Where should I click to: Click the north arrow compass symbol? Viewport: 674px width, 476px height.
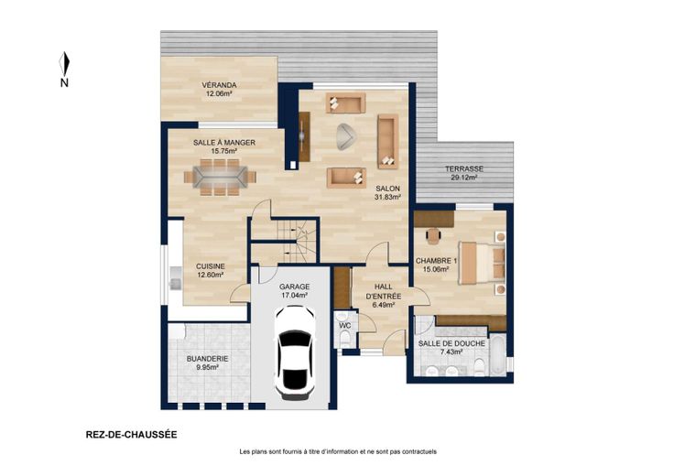64,64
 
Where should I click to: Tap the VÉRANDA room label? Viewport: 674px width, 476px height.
219,85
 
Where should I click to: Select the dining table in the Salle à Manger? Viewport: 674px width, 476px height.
220,177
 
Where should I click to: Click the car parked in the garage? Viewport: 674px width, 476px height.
295,352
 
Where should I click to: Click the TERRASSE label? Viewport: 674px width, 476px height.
464,168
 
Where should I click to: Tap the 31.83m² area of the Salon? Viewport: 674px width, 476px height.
387,197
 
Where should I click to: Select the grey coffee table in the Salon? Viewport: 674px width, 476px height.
345,136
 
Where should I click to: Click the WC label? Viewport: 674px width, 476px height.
345,326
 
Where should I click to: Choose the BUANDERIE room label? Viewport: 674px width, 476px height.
207,359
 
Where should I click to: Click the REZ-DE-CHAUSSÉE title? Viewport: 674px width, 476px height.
132,435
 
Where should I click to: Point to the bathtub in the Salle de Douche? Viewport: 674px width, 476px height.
498,355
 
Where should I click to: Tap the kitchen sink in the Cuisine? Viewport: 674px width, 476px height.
175,278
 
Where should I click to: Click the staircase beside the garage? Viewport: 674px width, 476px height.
284,241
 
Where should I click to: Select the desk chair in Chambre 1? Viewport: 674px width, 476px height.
434,236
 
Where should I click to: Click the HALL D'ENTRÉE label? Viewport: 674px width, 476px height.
384,291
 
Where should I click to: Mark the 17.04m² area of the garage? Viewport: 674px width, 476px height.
295,296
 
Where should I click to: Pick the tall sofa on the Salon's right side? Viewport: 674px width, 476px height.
387,141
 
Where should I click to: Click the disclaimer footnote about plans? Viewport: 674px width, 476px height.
338,451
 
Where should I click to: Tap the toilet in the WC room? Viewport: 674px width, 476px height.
344,340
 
